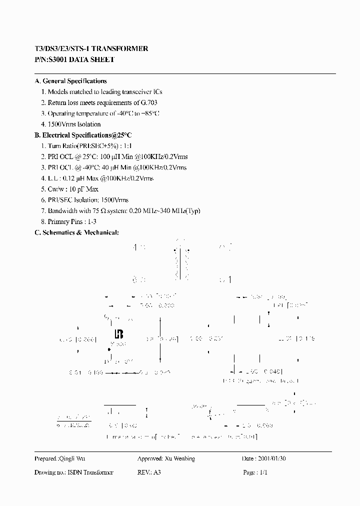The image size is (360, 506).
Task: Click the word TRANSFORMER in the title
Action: (x=122, y=49)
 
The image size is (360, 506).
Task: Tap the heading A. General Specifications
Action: (x=70, y=81)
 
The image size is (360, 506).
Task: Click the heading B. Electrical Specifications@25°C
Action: (x=83, y=135)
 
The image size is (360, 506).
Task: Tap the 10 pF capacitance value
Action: (x=76, y=189)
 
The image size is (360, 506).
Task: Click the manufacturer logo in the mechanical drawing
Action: (x=119, y=333)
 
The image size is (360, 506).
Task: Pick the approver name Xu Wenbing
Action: (x=179, y=459)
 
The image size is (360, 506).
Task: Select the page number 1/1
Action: (x=263, y=472)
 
